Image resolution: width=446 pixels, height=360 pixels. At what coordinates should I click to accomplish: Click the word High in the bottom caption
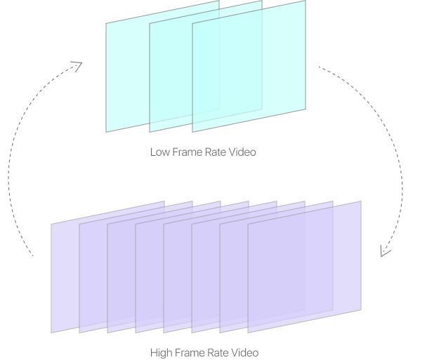[161, 352]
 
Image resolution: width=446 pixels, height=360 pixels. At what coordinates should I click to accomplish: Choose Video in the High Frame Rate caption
[245, 352]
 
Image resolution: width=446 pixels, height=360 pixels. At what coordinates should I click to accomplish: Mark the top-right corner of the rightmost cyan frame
[306, 1]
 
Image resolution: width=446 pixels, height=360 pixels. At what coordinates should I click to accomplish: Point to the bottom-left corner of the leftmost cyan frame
[107, 131]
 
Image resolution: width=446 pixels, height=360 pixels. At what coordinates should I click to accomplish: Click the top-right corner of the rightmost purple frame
[361, 202]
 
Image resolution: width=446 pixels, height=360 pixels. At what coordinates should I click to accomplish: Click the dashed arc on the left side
[10, 168]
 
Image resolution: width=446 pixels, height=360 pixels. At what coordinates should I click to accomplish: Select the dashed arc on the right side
[402, 168]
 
